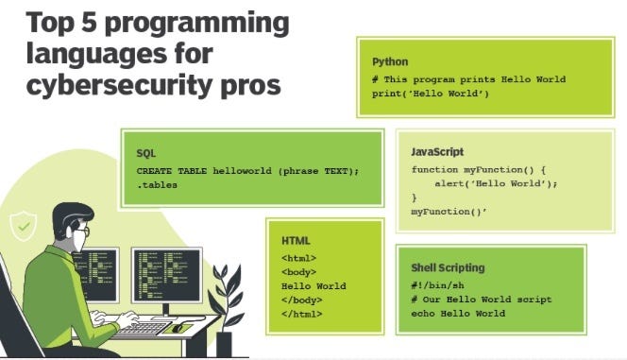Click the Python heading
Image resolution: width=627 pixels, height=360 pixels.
390,62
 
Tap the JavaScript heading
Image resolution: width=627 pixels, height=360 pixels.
437,152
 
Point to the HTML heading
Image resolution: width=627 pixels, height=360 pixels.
296,241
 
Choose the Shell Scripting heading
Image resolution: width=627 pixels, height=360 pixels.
448,267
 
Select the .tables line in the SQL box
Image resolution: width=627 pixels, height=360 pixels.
157,185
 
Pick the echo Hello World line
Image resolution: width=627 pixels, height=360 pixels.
458,314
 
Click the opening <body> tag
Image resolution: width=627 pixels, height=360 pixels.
298,271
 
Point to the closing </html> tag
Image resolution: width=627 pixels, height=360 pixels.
301,314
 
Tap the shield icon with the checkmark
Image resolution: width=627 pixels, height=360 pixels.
20,225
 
